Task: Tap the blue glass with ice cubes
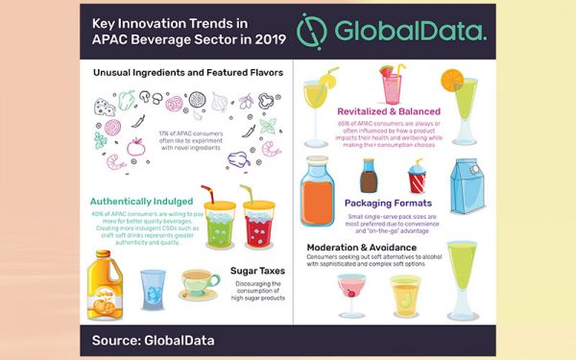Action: click(x=154, y=289)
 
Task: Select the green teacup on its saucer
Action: click(x=200, y=284)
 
